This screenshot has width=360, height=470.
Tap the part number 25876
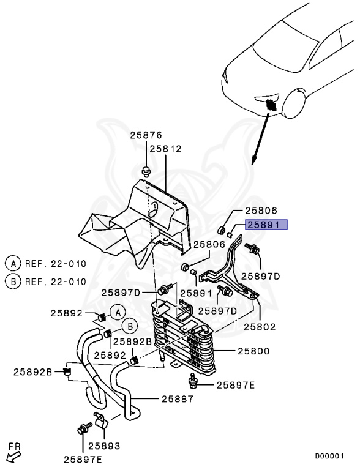coord(146,135)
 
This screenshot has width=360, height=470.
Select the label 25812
coord(166,149)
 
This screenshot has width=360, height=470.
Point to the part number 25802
coord(260,327)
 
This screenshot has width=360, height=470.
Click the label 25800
coord(254,351)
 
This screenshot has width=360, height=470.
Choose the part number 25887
coord(178,398)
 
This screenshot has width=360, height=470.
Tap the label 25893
coord(104,446)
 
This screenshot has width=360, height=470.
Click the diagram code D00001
coord(329,456)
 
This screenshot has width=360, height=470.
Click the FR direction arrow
coord(14,457)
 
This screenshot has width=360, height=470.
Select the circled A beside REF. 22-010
coord(13,264)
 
